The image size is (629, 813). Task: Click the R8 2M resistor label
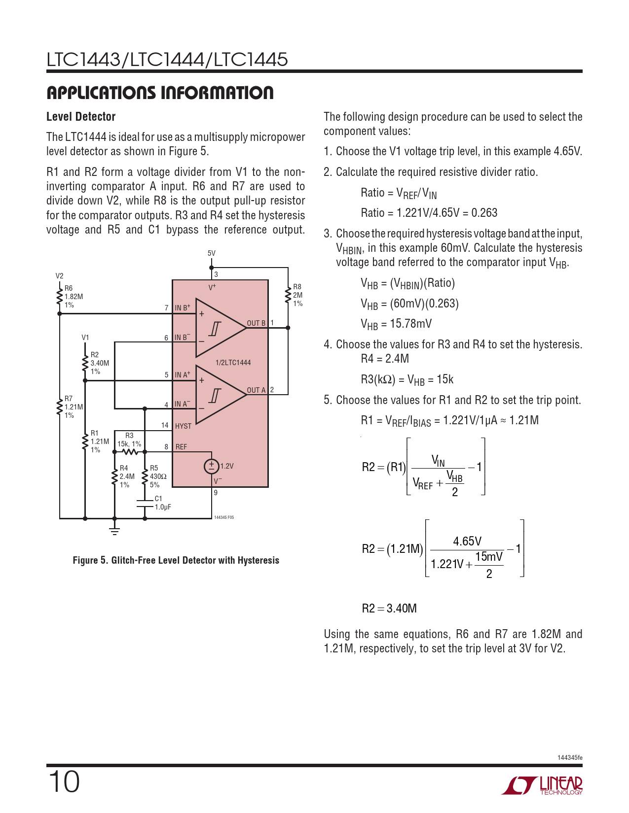[297, 295]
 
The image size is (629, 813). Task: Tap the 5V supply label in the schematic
[211, 253]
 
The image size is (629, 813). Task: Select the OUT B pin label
[256, 323]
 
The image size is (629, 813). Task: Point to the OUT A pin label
[256, 390]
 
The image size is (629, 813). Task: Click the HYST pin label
[183, 426]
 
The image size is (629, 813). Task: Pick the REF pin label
[181, 447]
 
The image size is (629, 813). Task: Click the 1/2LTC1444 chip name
[233, 363]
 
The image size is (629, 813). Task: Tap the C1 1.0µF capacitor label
[162, 503]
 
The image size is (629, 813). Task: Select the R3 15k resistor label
[129, 440]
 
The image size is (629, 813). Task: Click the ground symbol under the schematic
[114, 531]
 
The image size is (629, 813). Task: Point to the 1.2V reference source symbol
[211, 466]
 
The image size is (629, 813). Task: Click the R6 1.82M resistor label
[73, 297]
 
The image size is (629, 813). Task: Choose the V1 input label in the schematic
[85, 338]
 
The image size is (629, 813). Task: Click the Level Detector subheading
[81, 117]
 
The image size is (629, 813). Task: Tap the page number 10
[64, 782]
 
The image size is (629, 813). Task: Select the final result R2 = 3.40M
[389, 609]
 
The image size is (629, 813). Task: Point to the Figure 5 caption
[176, 560]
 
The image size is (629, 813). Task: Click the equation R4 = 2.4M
[385, 359]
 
